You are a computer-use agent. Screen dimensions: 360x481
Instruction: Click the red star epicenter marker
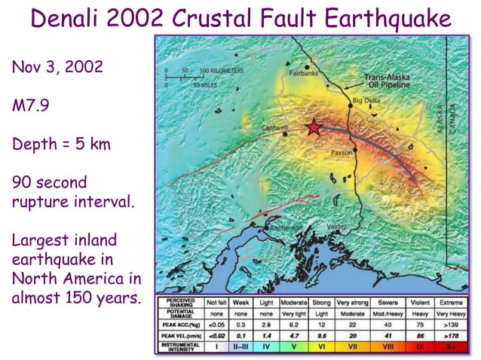pos(314,128)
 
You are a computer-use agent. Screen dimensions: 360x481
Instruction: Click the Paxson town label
pos(342,152)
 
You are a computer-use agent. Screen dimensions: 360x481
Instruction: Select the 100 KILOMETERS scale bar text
pos(223,70)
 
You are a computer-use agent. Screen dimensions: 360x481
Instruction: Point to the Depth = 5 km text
pos(61,143)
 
